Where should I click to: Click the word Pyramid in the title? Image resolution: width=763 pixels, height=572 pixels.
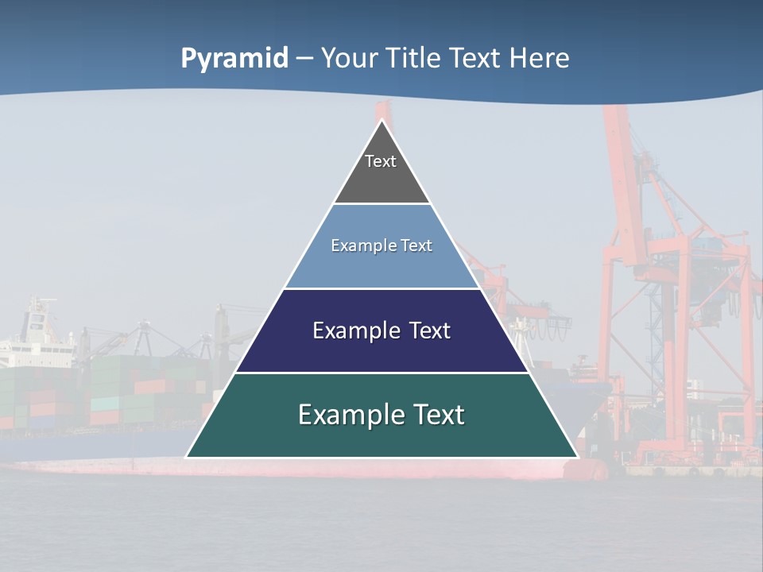click(x=234, y=59)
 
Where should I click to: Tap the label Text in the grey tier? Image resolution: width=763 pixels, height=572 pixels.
click(x=381, y=161)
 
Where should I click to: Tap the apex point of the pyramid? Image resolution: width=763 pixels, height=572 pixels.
click(x=382, y=121)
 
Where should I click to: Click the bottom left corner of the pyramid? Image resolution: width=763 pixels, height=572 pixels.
click(x=188, y=457)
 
